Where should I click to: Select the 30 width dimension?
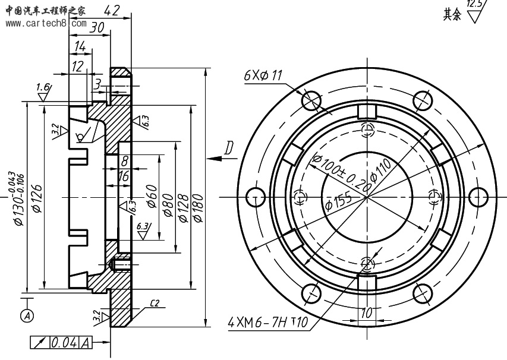[x=97, y=27]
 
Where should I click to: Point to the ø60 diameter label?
[x=153, y=197]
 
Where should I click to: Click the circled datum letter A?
[x=27, y=316]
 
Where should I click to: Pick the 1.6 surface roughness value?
[x=42, y=88]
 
